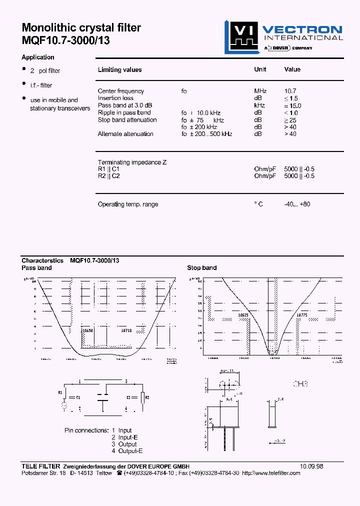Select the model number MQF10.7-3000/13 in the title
[65, 41]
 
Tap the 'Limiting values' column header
[119, 70]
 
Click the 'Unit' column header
[260, 69]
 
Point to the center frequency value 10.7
[290, 91]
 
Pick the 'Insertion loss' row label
[115, 98]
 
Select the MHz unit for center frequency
[260, 91]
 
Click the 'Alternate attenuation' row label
[125, 134]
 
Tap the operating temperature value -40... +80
[297, 204]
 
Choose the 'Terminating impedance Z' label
[132, 162]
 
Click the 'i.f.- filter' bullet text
[41, 85]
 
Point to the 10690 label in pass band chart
[87, 330]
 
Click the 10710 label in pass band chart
[126, 330]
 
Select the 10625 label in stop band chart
[243, 315]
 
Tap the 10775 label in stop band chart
[301, 315]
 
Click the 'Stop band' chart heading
[202, 268]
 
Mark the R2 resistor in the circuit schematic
[143, 397]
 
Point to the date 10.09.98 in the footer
[311, 466]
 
